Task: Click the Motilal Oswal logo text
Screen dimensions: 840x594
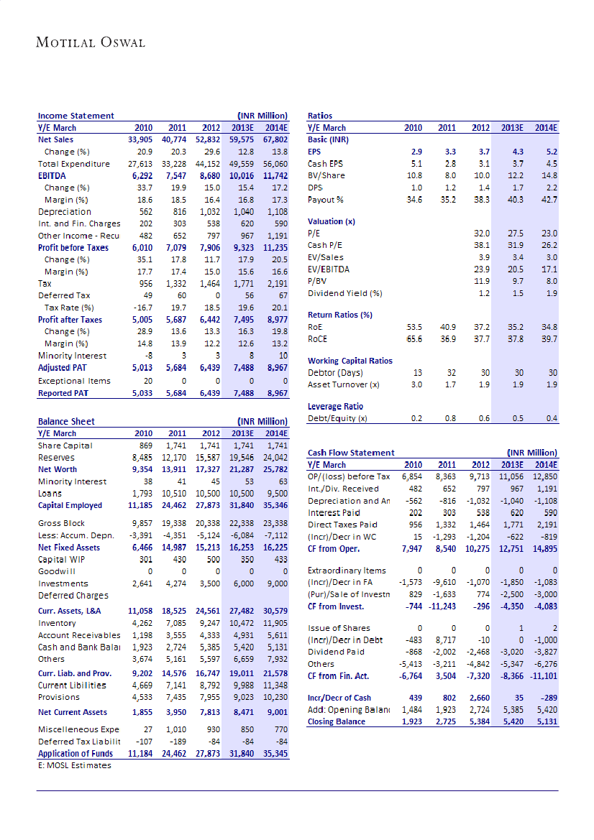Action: [x=91, y=42]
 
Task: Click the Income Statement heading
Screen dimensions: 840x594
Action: [x=76, y=116]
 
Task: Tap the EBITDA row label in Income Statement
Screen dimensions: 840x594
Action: [x=55, y=175]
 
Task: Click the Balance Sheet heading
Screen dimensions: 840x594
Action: [x=66, y=421]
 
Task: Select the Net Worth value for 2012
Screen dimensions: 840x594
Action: [x=206, y=469]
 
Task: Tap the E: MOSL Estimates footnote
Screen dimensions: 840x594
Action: [x=75, y=765]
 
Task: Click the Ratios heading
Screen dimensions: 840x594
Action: [x=319, y=116]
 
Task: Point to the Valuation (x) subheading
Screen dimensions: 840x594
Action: [x=331, y=221]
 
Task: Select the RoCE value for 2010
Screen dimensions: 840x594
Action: [x=413, y=338]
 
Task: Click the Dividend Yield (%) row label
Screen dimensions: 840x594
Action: [x=344, y=293]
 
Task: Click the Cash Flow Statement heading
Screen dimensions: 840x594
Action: [x=351, y=453]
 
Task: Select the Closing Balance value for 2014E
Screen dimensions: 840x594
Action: [x=544, y=721]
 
